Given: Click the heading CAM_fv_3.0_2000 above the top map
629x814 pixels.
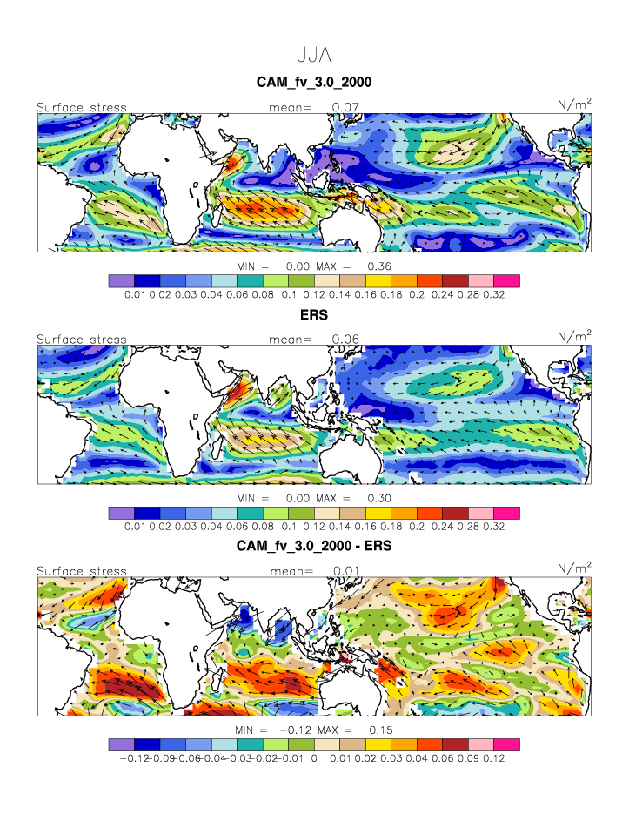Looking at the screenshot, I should click(314, 83).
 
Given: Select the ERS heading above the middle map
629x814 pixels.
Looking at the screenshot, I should click(314, 315).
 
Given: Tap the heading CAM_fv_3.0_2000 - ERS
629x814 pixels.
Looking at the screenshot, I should click(314, 547).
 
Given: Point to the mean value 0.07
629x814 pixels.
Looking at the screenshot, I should click(345, 108).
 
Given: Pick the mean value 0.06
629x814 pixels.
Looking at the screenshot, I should click(345, 340).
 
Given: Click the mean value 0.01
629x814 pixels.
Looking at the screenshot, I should click(345, 572).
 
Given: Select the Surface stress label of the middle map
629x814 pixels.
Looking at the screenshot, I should click(82, 340).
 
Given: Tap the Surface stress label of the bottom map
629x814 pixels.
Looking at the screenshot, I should click(82, 572).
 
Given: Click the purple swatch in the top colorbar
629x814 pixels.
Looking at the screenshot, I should click(122, 281).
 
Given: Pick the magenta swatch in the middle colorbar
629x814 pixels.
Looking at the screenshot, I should click(506, 513).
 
